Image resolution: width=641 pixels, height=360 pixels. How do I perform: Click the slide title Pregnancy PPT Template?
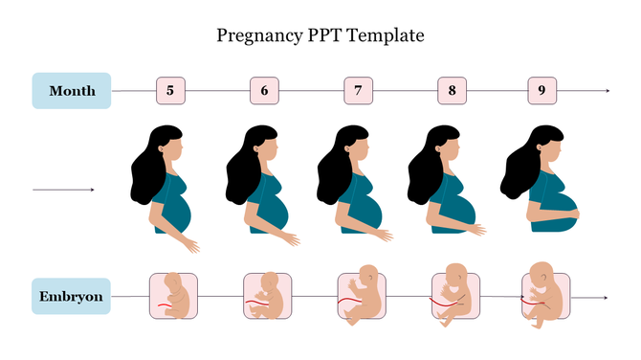tap(320, 36)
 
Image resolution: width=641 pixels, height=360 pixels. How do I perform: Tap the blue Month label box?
tap(72, 91)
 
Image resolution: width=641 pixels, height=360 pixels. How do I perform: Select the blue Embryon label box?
tap(71, 297)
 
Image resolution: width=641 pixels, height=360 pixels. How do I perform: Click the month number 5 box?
tap(170, 91)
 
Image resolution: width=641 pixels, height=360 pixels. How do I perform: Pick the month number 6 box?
tap(264, 91)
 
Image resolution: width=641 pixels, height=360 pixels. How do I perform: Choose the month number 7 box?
tap(358, 91)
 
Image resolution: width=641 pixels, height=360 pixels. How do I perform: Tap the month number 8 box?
tap(452, 91)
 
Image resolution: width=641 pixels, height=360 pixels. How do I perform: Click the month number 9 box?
tap(542, 91)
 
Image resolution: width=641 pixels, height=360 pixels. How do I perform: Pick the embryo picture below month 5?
tap(173, 297)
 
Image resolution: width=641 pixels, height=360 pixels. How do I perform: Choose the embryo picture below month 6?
tap(267, 297)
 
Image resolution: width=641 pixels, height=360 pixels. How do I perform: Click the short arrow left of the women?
tap(63, 190)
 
